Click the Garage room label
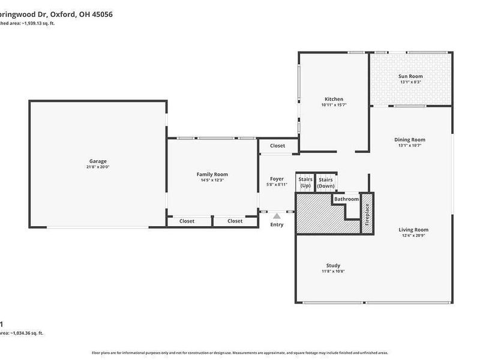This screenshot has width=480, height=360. point(98,161)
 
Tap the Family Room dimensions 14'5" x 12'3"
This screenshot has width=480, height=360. point(212,180)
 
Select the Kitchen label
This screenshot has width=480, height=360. point(334,99)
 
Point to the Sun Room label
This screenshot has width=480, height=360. point(410,76)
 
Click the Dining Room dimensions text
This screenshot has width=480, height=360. point(411,146)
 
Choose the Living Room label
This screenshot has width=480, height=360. point(413,229)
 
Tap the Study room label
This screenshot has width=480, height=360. point(333,265)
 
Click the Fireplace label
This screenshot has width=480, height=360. point(367,214)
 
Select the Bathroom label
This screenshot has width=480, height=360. point(346,199)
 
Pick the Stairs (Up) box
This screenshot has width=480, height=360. point(305,182)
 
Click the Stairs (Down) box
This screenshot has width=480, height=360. point(326,182)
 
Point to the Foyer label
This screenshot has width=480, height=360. point(277,179)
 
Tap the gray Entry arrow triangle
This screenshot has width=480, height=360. point(277,215)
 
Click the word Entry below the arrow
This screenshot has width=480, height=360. point(277,224)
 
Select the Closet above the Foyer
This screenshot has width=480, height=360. point(277,146)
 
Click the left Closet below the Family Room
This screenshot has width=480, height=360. point(187,221)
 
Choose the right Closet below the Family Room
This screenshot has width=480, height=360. point(235,221)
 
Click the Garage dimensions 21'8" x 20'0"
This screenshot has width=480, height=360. point(98,167)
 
